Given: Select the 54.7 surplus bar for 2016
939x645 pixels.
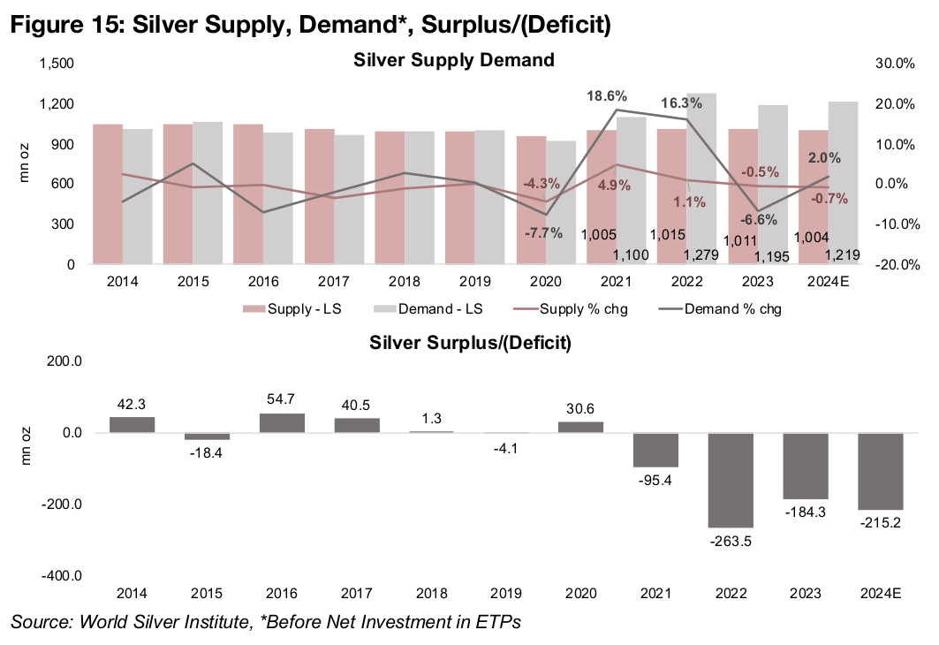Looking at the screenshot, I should (x=282, y=423).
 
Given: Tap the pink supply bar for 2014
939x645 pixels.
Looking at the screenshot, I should (x=108, y=193).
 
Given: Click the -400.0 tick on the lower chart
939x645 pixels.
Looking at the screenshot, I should (x=62, y=576).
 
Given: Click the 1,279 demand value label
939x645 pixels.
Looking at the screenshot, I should (x=700, y=255).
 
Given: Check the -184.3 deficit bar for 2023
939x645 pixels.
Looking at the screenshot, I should (x=806, y=466).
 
